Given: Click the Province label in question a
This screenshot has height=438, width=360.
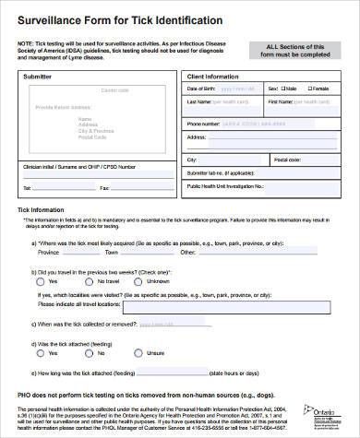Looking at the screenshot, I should click(x=48, y=252).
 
